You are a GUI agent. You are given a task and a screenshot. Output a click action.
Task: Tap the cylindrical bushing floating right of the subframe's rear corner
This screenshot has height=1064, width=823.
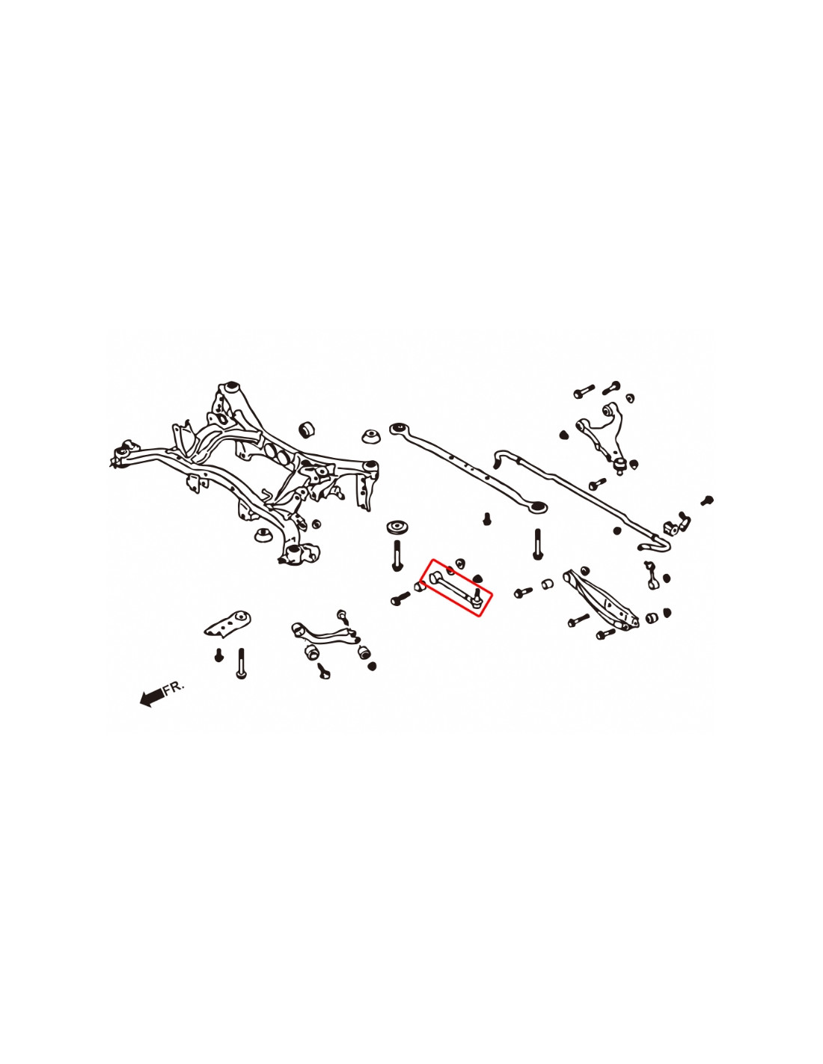coord(307,429)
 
